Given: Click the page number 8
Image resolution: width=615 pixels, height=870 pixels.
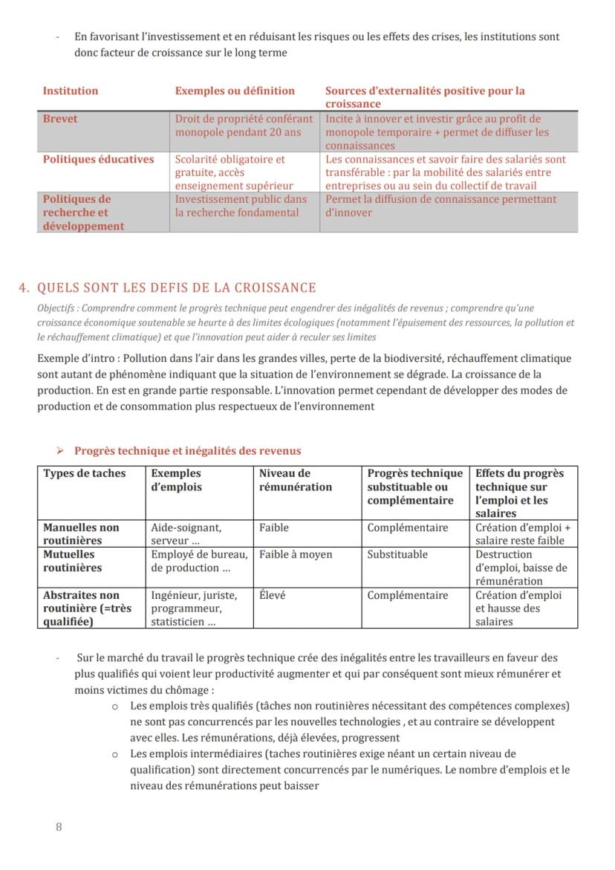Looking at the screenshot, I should (59, 827).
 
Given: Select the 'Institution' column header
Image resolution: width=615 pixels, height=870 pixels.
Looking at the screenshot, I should (71, 91).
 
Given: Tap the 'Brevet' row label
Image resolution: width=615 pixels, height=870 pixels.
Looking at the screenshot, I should (60, 119).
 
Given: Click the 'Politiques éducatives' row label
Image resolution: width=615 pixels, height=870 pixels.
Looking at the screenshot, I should (98, 159).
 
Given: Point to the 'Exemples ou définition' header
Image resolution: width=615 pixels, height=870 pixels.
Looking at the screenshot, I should (235, 91).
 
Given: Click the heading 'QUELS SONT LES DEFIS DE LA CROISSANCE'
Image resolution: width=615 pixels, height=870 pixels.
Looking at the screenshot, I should (176, 288).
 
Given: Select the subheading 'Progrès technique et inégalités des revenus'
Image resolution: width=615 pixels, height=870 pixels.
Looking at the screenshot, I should (187, 451).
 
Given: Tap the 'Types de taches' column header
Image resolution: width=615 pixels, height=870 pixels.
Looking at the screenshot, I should (85, 473).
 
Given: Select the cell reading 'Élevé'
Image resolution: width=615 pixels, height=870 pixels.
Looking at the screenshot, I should (273, 595).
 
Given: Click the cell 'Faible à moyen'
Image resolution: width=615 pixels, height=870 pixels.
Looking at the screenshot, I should (296, 554).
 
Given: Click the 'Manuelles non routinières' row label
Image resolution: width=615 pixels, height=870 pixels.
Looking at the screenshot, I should (81, 534).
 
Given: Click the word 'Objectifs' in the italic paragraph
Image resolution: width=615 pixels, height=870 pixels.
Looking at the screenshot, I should (56, 308).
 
